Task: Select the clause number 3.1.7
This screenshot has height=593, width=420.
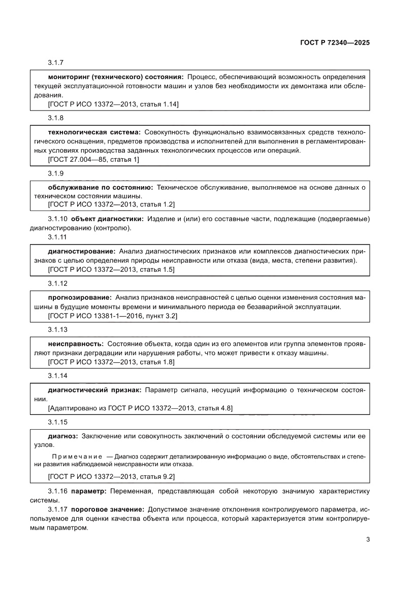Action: point(55,63)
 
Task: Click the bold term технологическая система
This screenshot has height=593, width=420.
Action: point(94,132)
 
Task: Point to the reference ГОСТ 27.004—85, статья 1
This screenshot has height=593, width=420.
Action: point(93,159)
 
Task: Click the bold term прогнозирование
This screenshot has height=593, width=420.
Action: point(79,297)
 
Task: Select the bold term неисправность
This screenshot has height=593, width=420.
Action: point(76,344)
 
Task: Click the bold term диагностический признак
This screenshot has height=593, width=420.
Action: point(94,390)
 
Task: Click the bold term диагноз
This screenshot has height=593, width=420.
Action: point(62,436)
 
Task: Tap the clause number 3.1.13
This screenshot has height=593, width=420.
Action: point(57,329)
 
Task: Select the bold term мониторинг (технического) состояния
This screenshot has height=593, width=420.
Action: point(116,77)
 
